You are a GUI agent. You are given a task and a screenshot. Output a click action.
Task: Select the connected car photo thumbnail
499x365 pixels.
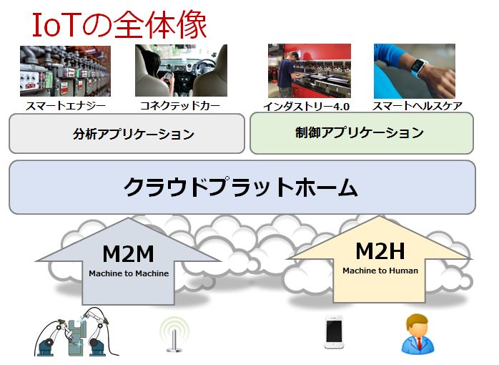(181, 71)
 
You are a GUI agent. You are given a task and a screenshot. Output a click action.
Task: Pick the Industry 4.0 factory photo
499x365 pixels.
(309, 71)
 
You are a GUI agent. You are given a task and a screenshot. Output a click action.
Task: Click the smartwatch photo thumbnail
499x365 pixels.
(414, 71)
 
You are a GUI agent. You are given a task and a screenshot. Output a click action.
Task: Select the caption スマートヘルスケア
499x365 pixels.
(417, 106)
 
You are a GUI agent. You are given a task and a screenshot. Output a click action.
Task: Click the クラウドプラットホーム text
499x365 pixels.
(241, 187)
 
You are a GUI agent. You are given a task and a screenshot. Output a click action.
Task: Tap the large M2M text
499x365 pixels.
(128, 253)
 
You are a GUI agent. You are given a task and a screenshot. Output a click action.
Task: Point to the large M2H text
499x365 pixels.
(380, 250)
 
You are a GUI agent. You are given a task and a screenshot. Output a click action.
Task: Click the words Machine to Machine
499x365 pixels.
(129, 273)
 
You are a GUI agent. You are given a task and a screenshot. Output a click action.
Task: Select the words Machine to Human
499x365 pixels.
(380, 271)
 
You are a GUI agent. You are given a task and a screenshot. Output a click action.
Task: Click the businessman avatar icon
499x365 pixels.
(415, 334)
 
